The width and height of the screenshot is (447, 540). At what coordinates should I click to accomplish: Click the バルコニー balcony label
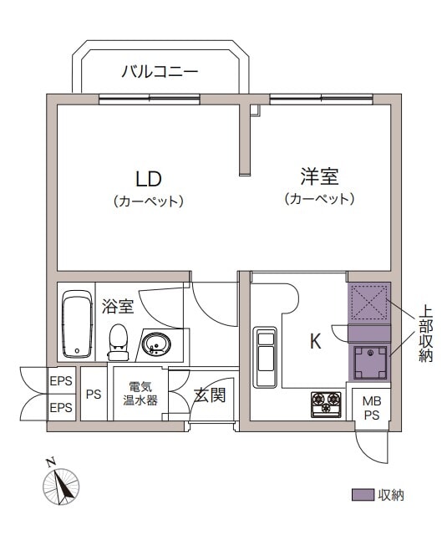click(160, 71)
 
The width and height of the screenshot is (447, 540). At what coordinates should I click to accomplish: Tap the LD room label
click(149, 179)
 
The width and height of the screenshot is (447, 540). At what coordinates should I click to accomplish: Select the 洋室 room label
click(320, 176)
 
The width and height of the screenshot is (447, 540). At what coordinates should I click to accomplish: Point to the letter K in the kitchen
click(315, 341)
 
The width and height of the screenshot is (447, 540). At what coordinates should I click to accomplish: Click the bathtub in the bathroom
click(78, 324)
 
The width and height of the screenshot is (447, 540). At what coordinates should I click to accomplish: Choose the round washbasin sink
click(156, 344)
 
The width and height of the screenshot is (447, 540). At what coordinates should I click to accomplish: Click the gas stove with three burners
click(326, 405)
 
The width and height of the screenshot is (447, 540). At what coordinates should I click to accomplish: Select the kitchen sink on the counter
click(265, 357)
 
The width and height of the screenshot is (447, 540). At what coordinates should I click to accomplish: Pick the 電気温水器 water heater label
click(140, 394)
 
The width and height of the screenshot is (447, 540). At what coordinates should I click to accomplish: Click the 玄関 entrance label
click(210, 395)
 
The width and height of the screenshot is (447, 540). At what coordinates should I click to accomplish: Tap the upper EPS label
click(61, 381)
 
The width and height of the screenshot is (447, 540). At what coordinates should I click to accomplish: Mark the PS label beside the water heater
click(94, 394)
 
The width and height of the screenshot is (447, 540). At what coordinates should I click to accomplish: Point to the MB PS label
click(372, 408)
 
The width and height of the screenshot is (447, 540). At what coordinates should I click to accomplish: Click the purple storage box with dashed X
click(369, 303)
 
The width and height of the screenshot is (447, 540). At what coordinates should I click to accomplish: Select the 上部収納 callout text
click(425, 334)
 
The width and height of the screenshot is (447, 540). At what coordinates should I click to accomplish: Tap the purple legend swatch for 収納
click(363, 495)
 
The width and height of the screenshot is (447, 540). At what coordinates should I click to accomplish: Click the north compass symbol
click(61, 486)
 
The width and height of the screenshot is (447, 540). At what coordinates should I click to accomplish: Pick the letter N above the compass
click(51, 462)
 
